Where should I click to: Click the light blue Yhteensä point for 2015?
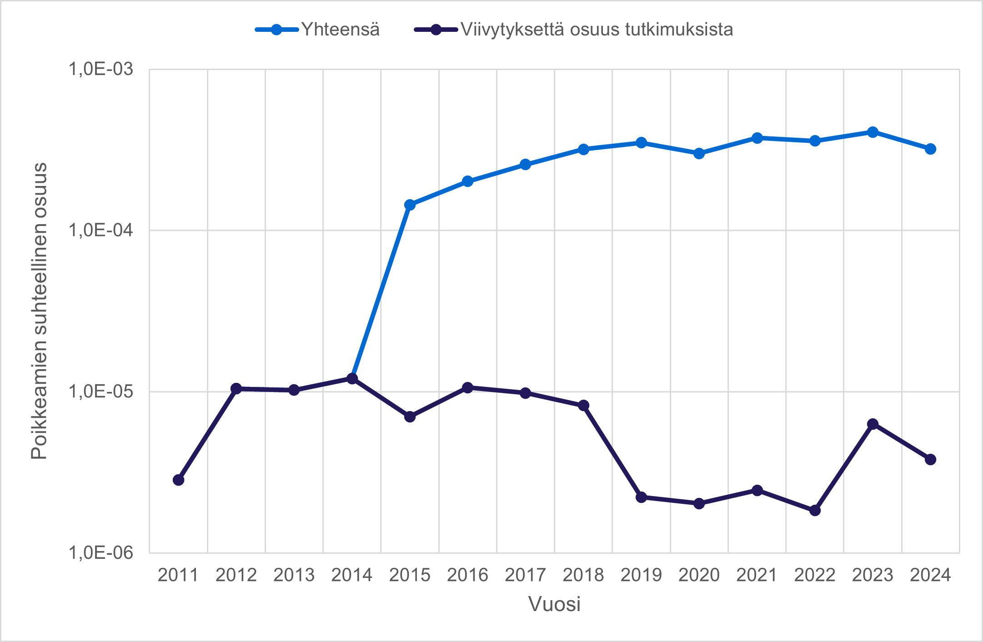click(x=410, y=205)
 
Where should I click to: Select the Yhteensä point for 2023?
click(x=873, y=132)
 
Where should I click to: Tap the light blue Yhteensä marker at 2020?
click(x=699, y=153)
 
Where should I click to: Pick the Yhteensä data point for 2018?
click(x=583, y=149)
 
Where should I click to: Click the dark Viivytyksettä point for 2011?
click(x=179, y=480)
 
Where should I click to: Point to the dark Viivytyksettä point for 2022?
click(x=815, y=510)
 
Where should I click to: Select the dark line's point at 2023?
click(x=873, y=424)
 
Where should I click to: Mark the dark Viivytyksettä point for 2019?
click(x=641, y=497)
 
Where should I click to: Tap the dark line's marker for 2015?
click(x=410, y=416)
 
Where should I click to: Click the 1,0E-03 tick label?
click(x=100, y=69)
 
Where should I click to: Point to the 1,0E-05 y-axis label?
click(x=100, y=391)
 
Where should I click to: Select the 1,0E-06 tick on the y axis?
click(x=100, y=552)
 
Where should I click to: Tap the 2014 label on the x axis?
click(x=352, y=575)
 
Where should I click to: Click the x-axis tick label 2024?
click(x=930, y=575)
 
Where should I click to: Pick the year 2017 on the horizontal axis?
click(x=525, y=575)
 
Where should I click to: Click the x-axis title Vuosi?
click(x=554, y=604)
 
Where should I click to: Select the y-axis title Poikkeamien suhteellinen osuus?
click(x=39, y=311)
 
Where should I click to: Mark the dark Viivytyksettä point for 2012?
click(x=236, y=388)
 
